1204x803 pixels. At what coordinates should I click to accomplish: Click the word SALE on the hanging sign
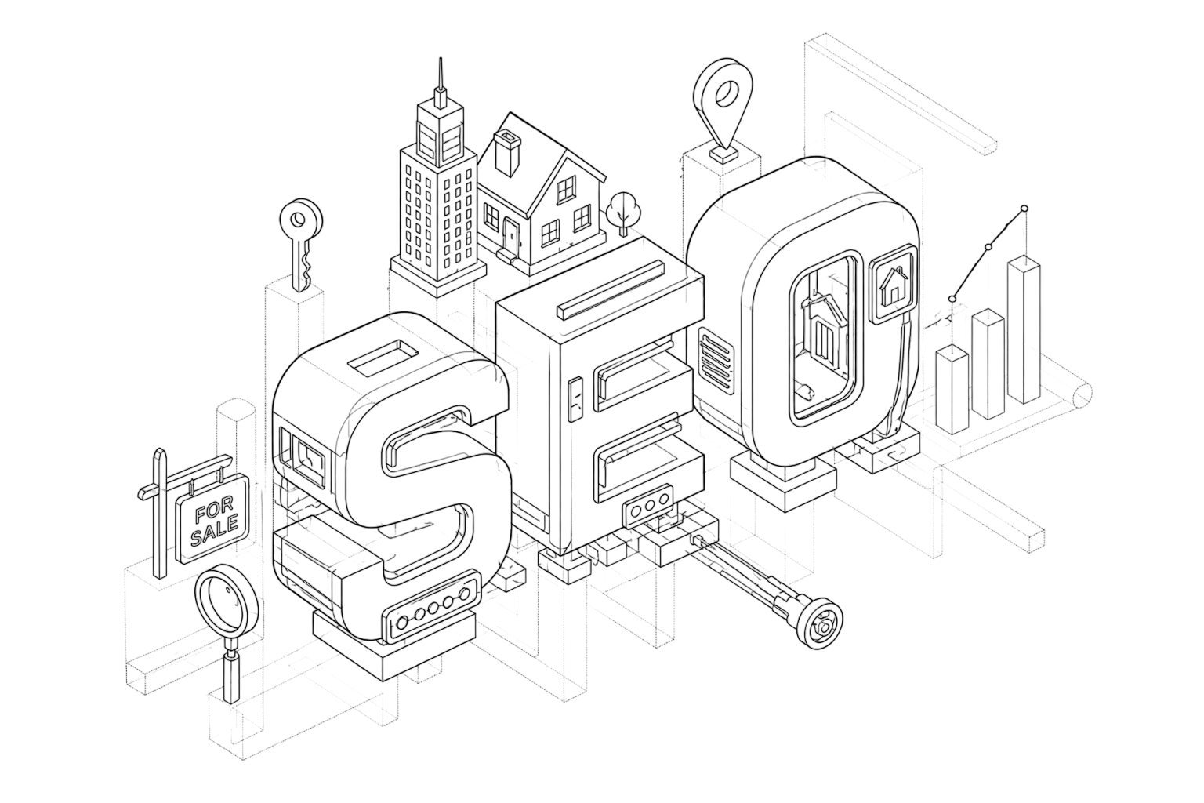tap(215, 533)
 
